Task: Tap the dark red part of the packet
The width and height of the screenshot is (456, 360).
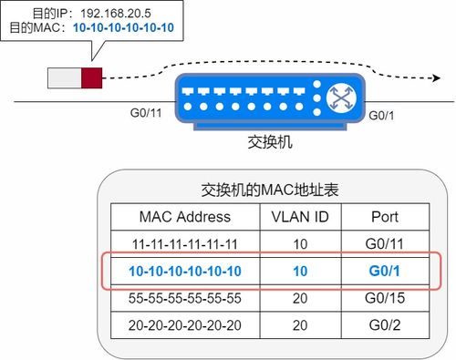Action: [92, 77]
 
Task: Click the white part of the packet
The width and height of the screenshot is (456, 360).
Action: [65, 77]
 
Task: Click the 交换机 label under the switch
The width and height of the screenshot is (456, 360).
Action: [270, 144]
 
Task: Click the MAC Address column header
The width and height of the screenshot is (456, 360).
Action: [185, 217]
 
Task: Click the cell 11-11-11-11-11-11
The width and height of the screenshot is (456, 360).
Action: [185, 244]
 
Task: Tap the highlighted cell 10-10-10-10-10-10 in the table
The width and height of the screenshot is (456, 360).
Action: [185, 272]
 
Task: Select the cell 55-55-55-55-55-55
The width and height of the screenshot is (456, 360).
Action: [185, 298]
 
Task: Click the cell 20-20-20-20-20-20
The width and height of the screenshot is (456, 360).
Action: [185, 324]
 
